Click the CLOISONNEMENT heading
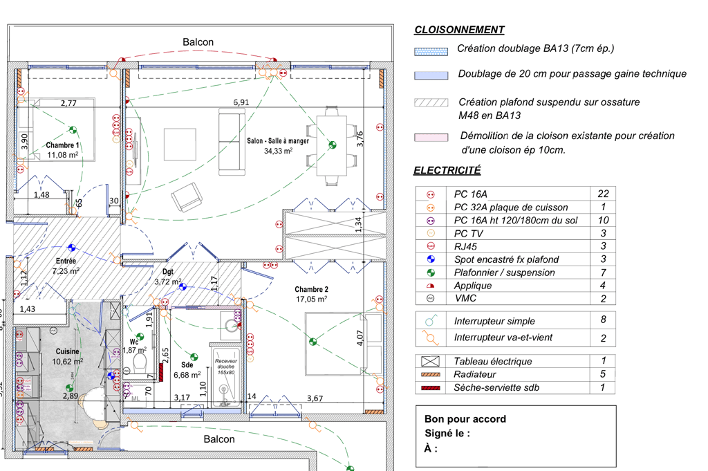(459, 30)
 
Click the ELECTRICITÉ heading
(447, 170)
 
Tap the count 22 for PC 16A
(603, 194)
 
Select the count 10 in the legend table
(603, 220)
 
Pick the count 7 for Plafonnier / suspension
(603, 273)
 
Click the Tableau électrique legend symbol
(431, 361)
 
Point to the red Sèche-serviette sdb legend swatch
(431, 388)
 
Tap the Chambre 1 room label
(63, 145)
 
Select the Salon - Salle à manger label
(278, 141)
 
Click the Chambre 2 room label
(311, 289)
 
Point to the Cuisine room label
(68, 352)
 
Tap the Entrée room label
(66, 261)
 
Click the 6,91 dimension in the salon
(241, 102)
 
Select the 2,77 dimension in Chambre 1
(68, 103)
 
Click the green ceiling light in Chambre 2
(313, 340)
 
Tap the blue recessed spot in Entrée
(72, 247)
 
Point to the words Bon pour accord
(465, 419)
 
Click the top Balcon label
(198, 42)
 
